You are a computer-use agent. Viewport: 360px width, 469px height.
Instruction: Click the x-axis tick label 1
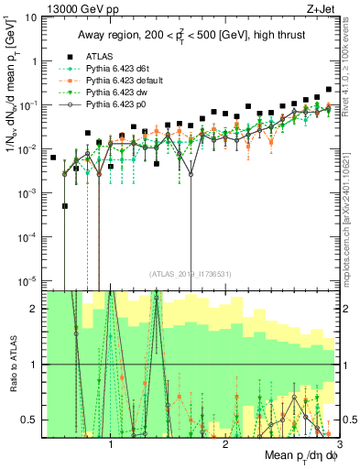click(x=111, y=442)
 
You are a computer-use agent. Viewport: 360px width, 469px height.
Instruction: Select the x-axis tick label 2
click(x=226, y=442)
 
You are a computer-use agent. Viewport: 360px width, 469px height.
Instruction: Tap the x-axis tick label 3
click(x=340, y=442)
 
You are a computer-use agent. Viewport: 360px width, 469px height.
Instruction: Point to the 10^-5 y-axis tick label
click(x=29, y=280)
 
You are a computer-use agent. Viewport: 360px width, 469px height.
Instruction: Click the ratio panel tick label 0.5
click(x=32, y=420)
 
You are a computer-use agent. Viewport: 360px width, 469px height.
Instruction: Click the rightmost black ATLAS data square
click(x=329, y=90)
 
